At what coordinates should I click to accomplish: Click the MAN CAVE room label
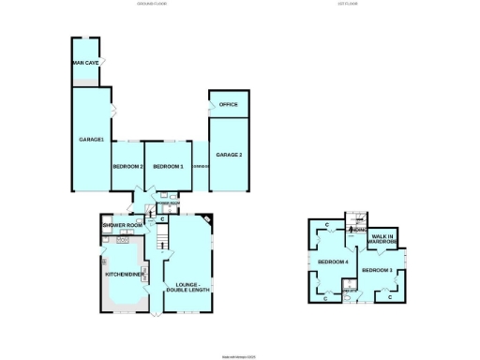[x=86, y=64]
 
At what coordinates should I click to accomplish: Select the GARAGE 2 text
[x=228, y=154]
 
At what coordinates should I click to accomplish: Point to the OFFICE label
[x=228, y=105]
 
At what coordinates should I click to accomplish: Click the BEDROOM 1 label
[x=168, y=166]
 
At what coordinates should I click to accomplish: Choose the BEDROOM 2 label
[x=127, y=166]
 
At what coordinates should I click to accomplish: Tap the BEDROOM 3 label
[x=377, y=271]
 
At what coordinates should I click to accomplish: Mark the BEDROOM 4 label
[x=333, y=262]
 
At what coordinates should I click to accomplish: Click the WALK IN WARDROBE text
[x=382, y=239]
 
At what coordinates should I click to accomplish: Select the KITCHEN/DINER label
[x=124, y=274]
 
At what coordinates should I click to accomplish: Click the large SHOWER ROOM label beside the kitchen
[x=122, y=226]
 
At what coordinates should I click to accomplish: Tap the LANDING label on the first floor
[x=357, y=230]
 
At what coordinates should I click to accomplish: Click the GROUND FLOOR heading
[x=157, y=6]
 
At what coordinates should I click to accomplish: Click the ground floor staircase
[x=159, y=242]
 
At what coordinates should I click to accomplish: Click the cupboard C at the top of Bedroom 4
[x=325, y=226]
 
